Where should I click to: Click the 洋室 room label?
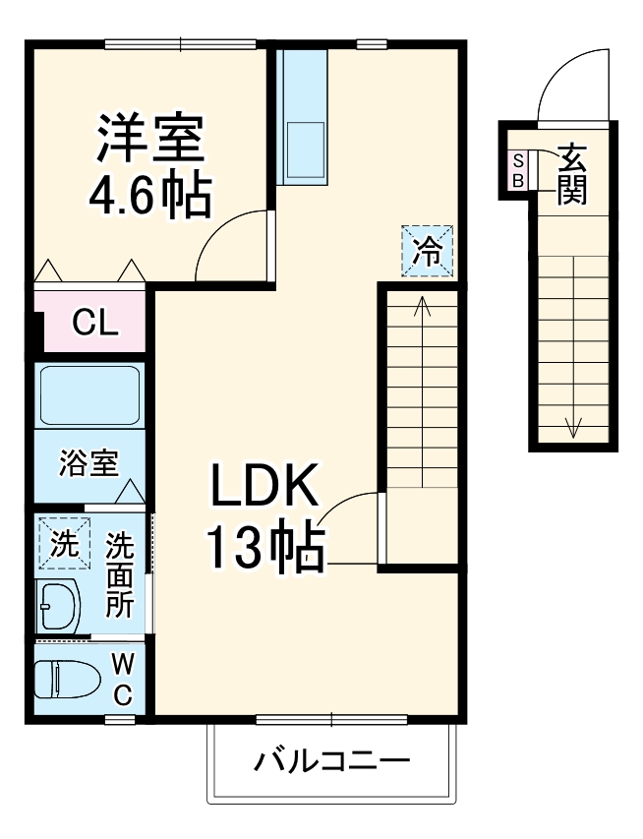pyautogui.click(x=149, y=139)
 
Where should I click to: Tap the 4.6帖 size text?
pyautogui.click(x=149, y=196)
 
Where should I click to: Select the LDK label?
pyautogui.click(x=263, y=485)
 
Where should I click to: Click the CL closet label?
pyautogui.click(x=96, y=323)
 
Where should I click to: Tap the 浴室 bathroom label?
pyautogui.click(x=88, y=462)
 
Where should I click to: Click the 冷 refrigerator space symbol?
pyautogui.click(x=426, y=251)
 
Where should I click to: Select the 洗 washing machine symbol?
pyautogui.click(x=63, y=544)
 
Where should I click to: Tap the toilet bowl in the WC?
pyautogui.click(x=65, y=677)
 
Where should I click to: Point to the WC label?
pyautogui.click(x=122, y=679)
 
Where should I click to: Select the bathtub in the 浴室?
pyautogui.click(x=89, y=394)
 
